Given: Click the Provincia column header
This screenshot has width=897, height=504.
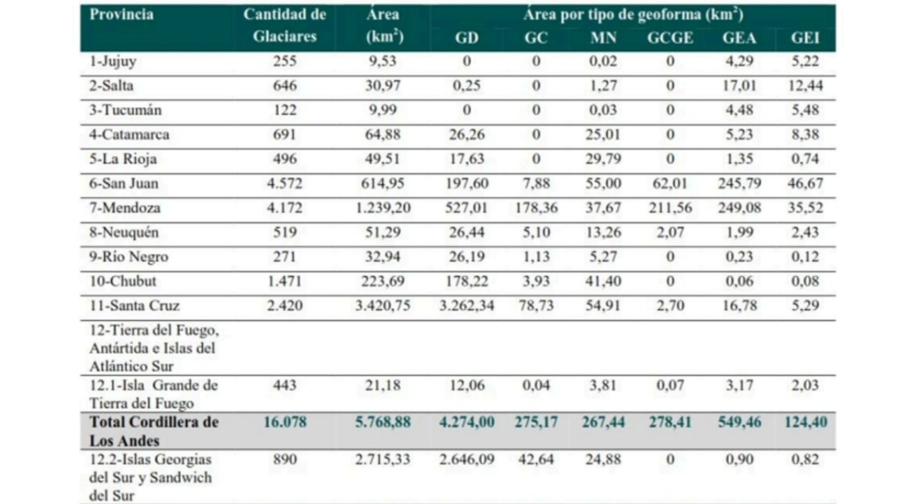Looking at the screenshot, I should (x=122, y=15).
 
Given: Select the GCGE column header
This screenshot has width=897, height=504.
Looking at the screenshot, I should (x=669, y=38).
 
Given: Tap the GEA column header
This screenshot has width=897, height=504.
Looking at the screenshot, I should (x=739, y=38).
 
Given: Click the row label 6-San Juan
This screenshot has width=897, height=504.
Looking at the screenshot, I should (x=125, y=183).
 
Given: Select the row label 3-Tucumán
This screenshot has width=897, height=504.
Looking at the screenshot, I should (x=126, y=110).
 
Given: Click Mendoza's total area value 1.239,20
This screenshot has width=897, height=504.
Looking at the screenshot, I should (x=382, y=208).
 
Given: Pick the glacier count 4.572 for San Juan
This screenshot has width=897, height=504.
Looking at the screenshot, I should (x=283, y=183).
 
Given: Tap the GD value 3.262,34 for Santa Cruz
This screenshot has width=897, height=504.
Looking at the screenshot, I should (x=466, y=306).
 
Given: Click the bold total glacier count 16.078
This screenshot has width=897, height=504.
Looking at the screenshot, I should (x=285, y=422).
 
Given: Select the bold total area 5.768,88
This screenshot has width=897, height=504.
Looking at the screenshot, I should (x=382, y=422).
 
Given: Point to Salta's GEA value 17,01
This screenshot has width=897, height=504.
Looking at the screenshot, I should (x=739, y=86).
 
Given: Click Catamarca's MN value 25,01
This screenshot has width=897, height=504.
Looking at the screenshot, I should (x=603, y=134).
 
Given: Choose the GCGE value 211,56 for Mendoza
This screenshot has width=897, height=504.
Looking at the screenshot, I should (x=670, y=208).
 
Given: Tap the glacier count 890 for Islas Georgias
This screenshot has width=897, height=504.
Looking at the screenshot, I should (x=285, y=460).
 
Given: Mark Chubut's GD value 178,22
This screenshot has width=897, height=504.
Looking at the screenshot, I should (x=466, y=281).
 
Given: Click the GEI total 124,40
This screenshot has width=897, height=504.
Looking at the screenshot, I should (x=805, y=422).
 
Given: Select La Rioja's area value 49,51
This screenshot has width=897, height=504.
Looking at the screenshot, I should (x=382, y=159).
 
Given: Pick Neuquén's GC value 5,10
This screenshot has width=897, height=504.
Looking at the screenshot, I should (x=536, y=232).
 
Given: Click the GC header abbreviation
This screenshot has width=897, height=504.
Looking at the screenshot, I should (x=536, y=38).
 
